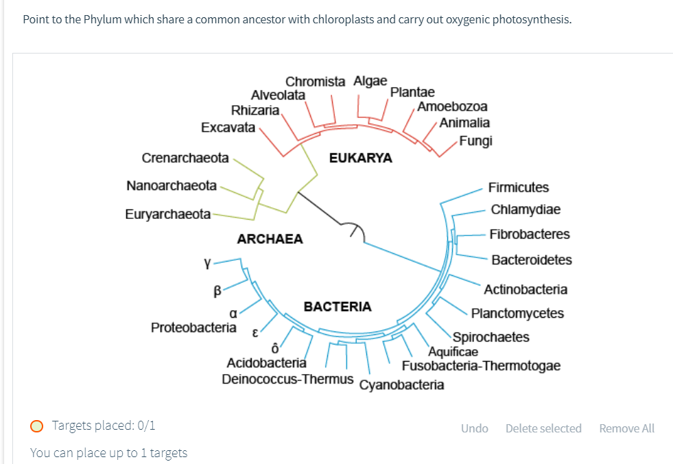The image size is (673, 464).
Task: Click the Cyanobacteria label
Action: tap(401, 385)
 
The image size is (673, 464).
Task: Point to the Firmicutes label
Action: tap(519, 187)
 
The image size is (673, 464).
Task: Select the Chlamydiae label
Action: tap(526, 209)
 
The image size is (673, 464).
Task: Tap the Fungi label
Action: tap(475, 141)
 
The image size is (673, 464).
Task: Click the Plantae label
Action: tap(412, 92)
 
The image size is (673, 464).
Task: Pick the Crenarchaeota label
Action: tap(185, 158)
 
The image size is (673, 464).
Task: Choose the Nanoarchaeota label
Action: tap(172, 186)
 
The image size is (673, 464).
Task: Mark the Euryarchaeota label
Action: tap(168, 214)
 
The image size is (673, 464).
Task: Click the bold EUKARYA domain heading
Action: tap(361, 158)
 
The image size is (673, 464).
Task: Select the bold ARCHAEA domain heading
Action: tap(270, 239)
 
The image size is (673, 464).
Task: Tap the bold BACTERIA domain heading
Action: tap(338, 306)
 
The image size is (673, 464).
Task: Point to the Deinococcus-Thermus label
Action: tap(288, 379)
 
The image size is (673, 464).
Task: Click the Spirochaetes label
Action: tap(491, 337)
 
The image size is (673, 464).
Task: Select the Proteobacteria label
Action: tap(193, 327)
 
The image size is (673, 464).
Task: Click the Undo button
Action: tap(474, 428)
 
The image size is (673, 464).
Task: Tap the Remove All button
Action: tap(626, 428)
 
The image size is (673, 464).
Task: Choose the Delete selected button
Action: tap(543, 428)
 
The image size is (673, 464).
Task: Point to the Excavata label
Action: tap(228, 127)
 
